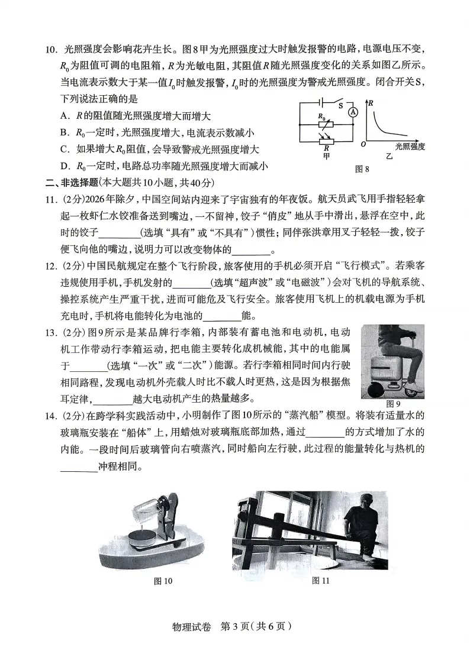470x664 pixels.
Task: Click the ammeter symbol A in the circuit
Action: [353, 112]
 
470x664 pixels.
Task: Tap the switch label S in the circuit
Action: [342, 106]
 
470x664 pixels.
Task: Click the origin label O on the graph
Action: [363, 144]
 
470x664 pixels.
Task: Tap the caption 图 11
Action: [320, 581]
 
